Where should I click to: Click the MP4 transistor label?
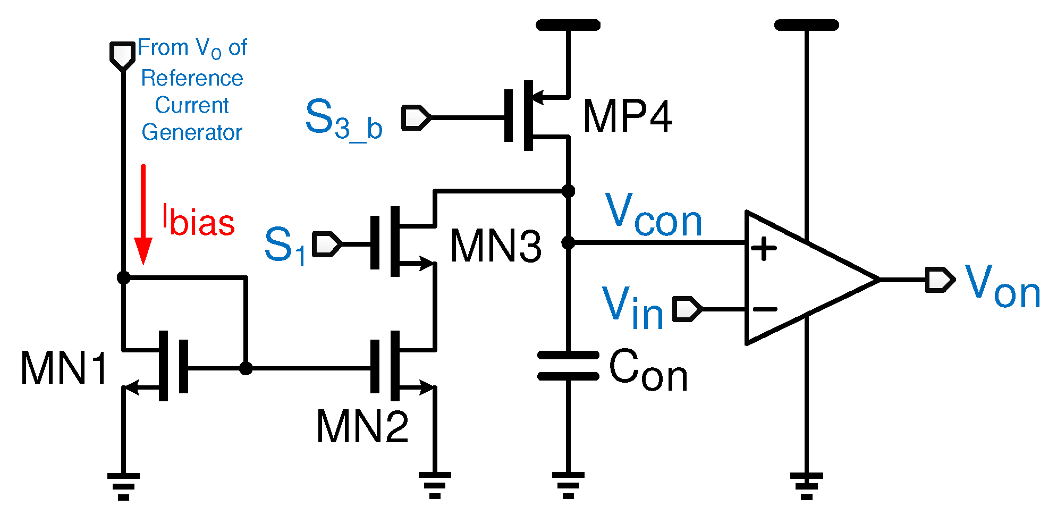pyautogui.click(x=627, y=116)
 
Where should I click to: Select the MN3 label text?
pyautogui.click(x=495, y=246)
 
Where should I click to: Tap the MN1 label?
pyautogui.click(x=64, y=368)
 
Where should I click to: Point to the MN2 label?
pyautogui.click(x=362, y=427)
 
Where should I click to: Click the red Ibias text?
pyautogui.click(x=198, y=221)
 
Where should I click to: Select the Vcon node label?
pyautogui.click(x=653, y=215)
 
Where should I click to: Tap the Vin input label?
pyautogui.click(x=632, y=308)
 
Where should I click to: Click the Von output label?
pyautogui.click(x=1002, y=287)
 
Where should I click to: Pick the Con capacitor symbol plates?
pyautogui.click(x=568, y=366)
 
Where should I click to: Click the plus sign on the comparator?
pyautogui.click(x=764, y=248)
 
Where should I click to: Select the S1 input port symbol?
pyautogui.click(x=326, y=244)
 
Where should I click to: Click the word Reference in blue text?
pyautogui.click(x=192, y=79)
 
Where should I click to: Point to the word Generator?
pyautogui.click(x=192, y=132)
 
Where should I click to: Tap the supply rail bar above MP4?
pyautogui.click(x=568, y=25)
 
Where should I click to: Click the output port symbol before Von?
pyautogui.click(x=940, y=280)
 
